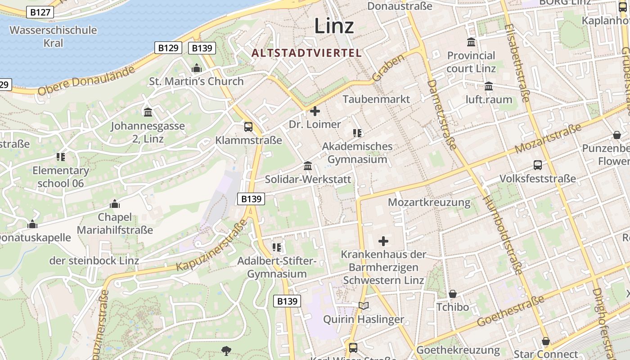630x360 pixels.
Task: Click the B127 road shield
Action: click(40, 12)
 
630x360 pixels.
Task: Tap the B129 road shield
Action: click(168, 48)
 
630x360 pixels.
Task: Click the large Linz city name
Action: click(334, 26)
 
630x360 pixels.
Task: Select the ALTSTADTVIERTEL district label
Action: click(306, 53)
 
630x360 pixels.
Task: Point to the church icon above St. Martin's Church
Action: click(196, 68)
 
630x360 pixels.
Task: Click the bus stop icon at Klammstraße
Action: click(248, 127)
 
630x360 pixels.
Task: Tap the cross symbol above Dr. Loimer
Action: click(315, 111)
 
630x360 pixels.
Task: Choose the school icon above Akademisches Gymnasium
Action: click(357, 133)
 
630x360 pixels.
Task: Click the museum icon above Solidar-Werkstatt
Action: click(308, 166)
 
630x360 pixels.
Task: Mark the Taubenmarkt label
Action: click(377, 99)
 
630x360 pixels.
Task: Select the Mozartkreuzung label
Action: click(429, 202)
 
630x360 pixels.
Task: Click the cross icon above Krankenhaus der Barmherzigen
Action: click(383, 241)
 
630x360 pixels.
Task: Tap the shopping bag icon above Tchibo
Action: click(453, 294)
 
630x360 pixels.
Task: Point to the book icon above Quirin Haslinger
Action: click(364, 306)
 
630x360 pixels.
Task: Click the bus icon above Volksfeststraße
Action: click(538, 165)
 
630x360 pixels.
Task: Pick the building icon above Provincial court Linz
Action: click(471, 42)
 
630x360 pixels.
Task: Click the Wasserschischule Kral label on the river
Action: click(53, 36)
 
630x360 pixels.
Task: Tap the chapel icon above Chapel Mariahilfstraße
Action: click(115, 204)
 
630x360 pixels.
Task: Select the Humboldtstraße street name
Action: click(503, 235)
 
